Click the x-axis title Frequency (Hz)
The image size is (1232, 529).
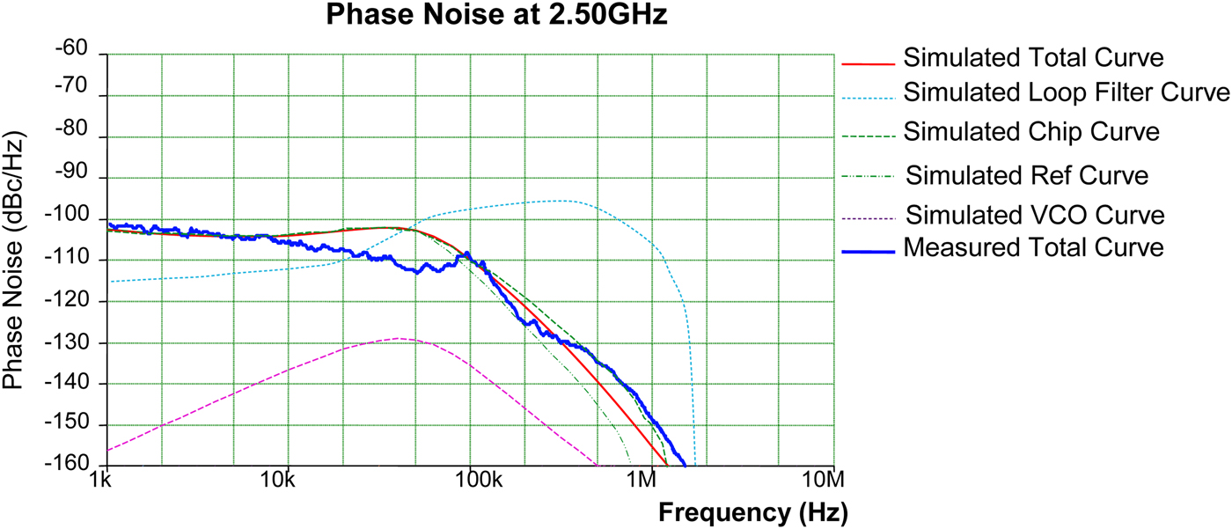pos(752,511)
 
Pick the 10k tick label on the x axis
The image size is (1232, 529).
pos(282,481)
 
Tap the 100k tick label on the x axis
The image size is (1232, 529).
pos(471,481)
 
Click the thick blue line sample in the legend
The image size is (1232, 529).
pos(869,252)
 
